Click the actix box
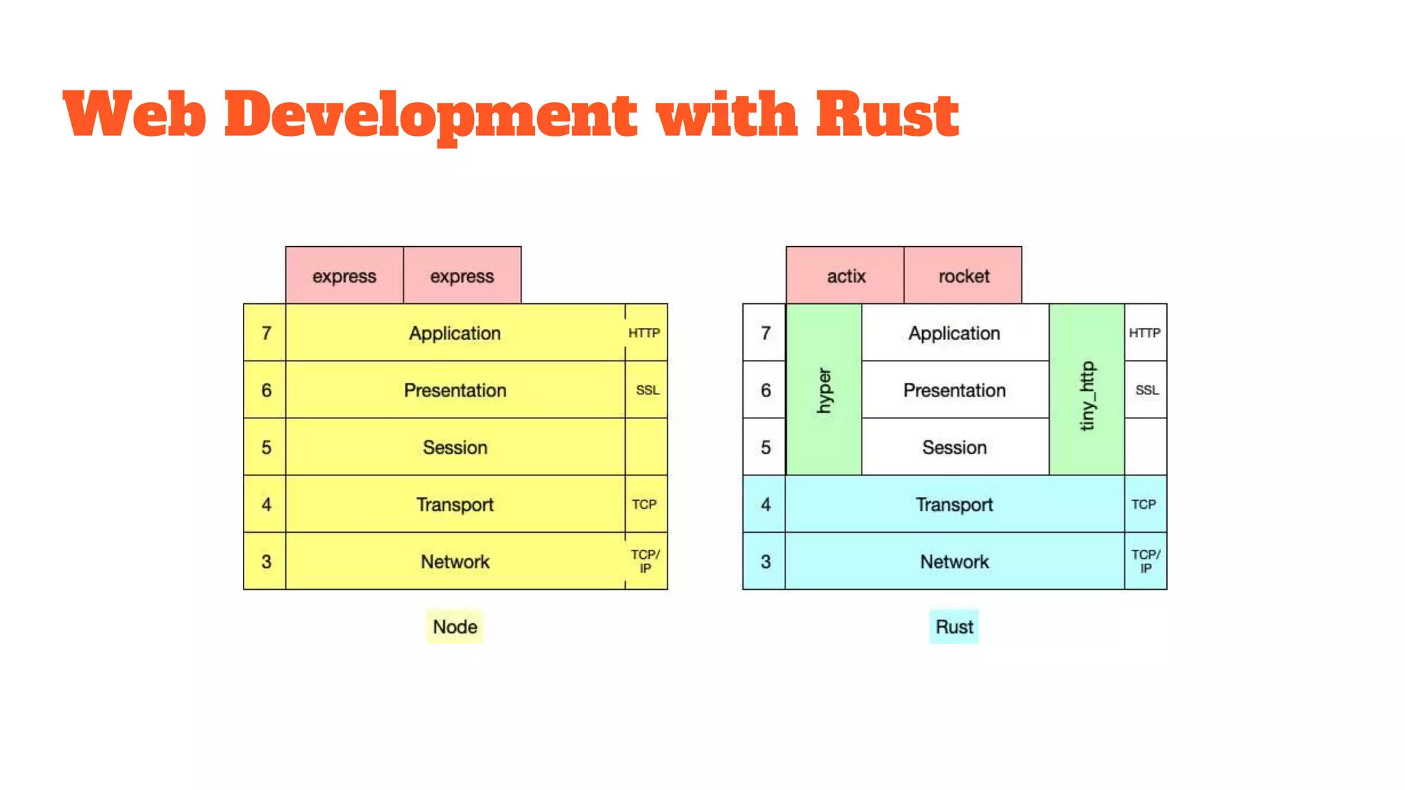click(x=845, y=276)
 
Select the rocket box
click(x=963, y=276)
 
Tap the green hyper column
click(x=824, y=390)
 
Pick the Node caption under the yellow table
click(x=455, y=626)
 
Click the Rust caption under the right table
click(x=954, y=626)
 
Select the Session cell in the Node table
click(x=455, y=447)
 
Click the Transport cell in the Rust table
click(x=954, y=504)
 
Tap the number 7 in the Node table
click(x=266, y=333)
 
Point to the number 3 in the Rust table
click(x=766, y=562)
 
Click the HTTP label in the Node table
click(x=644, y=333)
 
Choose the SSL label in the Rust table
click(x=1146, y=390)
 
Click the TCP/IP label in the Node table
click(x=645, y=561)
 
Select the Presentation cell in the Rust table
click(x=954, y=390)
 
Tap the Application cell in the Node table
click(x=455, y=333)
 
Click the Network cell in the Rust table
click(x=954, y=562)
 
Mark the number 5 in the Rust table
click(x=766, y=447)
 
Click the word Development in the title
click(x=431, y=114)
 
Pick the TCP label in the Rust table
click(x=1144, y=504)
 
